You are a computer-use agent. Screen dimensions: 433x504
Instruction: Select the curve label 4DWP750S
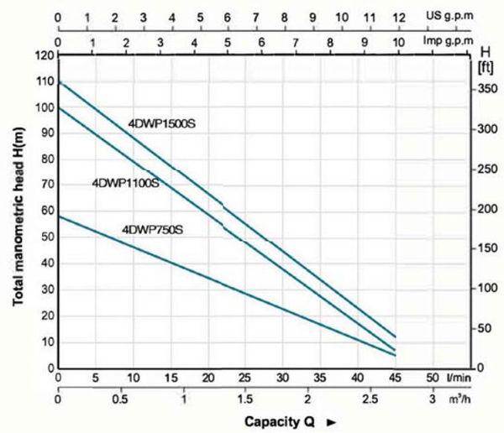(152, 227)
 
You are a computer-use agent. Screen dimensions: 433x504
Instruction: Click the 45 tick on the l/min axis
(395, 377)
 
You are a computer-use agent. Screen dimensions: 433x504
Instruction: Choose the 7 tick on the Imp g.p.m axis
(296, 42)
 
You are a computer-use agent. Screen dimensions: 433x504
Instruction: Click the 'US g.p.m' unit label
(448, 16)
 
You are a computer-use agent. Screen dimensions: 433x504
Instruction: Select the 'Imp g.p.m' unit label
(446, 42)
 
